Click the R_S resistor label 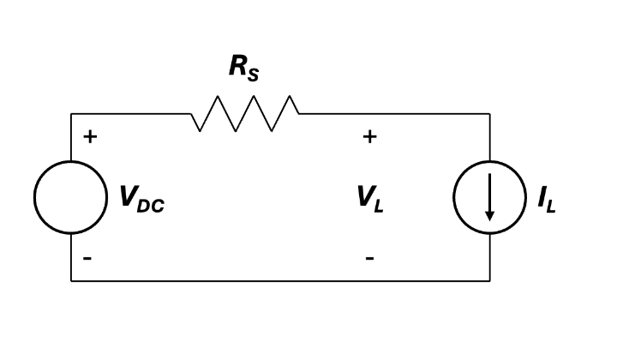(x=244, y=68)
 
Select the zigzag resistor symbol (x=245, y=113)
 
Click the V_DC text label (x=142, y=199)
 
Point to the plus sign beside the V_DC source (x=90, y=136)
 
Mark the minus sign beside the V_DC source (x=87, y=258)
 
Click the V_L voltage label (x=370, y=199)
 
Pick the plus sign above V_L (x=369, y=136)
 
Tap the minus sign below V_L (x=369, y=258)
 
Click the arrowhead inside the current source (x=489, y=216)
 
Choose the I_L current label (x=547, y=200)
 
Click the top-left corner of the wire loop (x=71, y=114)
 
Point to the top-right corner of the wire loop (x=490, y=114)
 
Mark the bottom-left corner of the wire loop (x=71, y=281)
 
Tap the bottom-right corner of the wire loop (x=490, y=281)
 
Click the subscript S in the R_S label (x=253, y=75)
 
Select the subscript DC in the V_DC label (x=151, y=207)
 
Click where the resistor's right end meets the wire (x=299, y=114)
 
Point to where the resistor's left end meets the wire (x=191, y=114)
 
